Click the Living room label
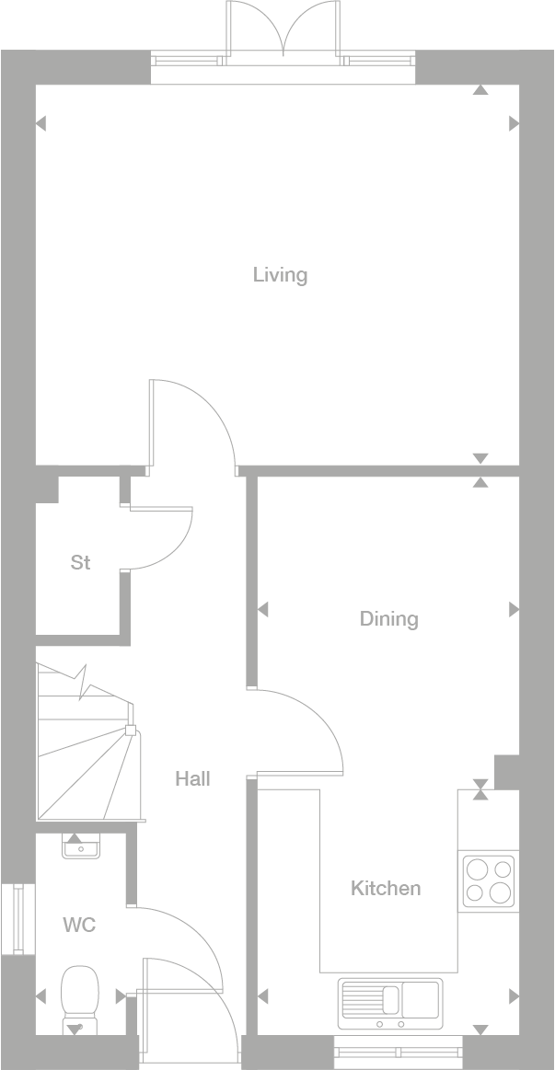coord(280,274)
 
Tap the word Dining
coord(388,618)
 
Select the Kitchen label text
coord(386,888)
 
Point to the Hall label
coord(192,778)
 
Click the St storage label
coord(80,562)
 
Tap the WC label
coord(79,925)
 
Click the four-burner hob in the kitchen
coord(488,881)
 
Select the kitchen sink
coord(390,1003)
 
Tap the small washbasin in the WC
coord(80,845)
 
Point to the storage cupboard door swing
coord(166,538)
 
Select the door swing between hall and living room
coord(198,419)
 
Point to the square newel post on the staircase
coord(130,731)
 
